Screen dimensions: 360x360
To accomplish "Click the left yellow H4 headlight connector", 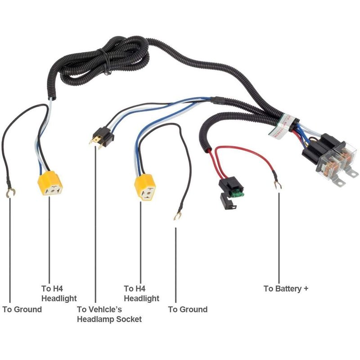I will coord(49,185).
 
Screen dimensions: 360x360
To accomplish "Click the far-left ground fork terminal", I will coord(9,193).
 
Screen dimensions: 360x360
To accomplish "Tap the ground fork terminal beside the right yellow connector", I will coord(176,217).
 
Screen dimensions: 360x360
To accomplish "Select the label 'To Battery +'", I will coord(286,288).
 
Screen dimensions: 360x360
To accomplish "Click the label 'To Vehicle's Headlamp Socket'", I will coord(109,314).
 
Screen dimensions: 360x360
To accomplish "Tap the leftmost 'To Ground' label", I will coord(22,309).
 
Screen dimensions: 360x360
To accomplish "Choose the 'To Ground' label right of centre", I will coord(188,309).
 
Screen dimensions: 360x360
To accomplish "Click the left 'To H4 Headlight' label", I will coord(59,293).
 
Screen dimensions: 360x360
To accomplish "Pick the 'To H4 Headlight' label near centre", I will coord(141,293).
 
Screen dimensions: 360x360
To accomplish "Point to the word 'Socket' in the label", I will coord(129,319).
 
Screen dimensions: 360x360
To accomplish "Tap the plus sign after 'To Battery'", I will coord(306,288).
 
